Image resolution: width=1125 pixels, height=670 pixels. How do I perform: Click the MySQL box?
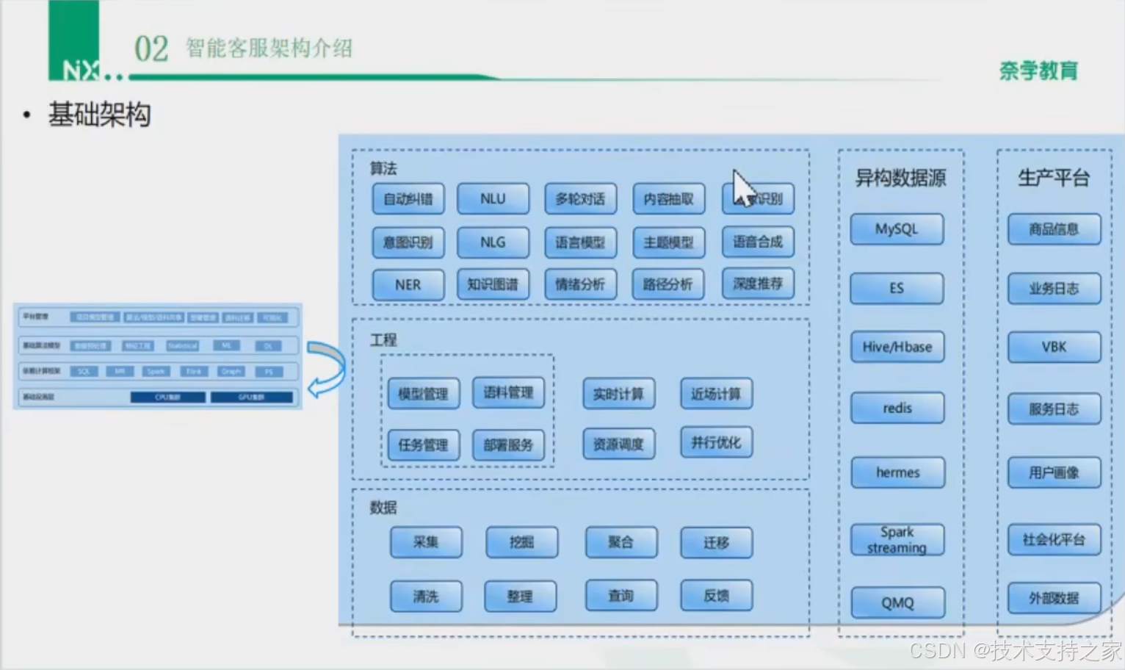click(897, 229)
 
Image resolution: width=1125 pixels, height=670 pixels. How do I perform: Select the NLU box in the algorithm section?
click(493, 198)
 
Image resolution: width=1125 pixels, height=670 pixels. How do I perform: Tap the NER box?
click(408, 285)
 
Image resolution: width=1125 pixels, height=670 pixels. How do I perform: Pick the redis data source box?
click(897, 408)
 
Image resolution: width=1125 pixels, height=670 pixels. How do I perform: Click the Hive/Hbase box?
click(897, 347)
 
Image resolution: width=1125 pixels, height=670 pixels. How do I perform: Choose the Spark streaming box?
click(897, 540)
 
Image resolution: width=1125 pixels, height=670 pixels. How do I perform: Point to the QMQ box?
click(897, 602)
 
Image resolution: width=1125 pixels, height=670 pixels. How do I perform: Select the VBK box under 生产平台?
click(1054, 347)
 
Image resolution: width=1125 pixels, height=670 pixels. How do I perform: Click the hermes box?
click(897, 472)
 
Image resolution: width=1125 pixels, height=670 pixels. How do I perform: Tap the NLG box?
click(493, 242)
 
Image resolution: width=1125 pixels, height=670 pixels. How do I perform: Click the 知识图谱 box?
click(493, 284)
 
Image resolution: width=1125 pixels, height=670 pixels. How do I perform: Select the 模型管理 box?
click(423, 394)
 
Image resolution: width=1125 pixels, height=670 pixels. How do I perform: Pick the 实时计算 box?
click(618, 394)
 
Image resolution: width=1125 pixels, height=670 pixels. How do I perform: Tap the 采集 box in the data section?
click(426, 542)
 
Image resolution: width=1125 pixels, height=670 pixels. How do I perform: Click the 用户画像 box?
click(1054, 472)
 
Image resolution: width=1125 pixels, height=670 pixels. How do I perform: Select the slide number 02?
click(151, 49)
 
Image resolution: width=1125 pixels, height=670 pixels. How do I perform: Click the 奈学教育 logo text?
click(1038, 71)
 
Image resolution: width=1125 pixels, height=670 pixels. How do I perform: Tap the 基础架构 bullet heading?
click(100, 115)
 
